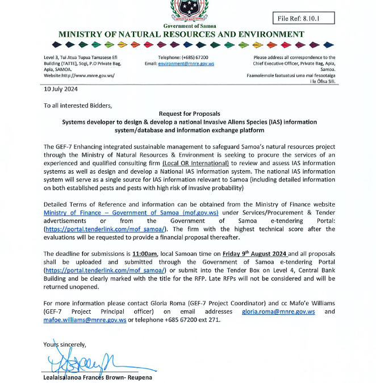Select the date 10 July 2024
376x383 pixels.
coord(61,89)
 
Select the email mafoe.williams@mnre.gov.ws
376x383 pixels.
coord(85,320)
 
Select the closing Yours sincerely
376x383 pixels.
coord(65,344)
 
